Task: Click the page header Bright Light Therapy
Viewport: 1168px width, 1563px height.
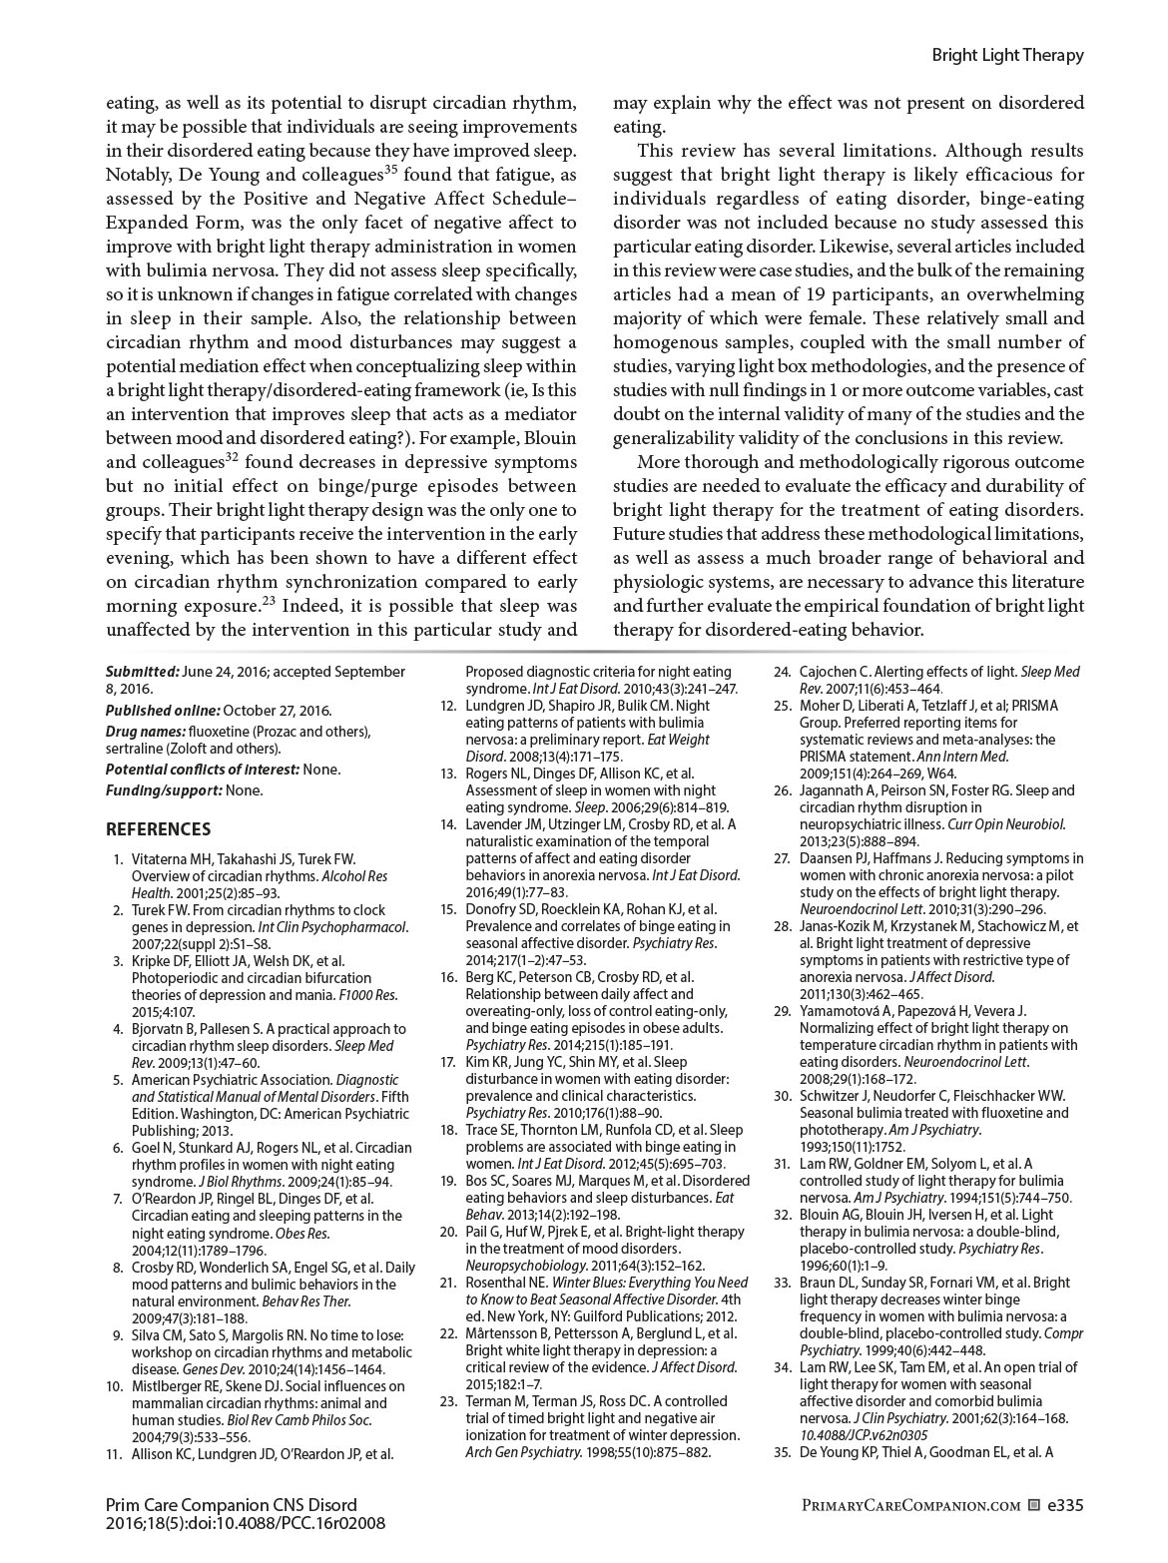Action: point(1007,56)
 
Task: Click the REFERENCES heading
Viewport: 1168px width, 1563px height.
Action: point(159,828)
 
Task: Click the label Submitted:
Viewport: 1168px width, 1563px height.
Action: point(143,672)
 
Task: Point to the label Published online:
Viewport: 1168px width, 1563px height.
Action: point(163,711)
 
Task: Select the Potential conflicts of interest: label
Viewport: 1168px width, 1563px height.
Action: point(203,770)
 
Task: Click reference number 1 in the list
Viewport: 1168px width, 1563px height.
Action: point(118,858)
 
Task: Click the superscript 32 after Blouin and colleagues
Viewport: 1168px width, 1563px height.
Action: point(231,458)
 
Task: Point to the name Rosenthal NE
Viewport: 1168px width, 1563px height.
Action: point(506,1283)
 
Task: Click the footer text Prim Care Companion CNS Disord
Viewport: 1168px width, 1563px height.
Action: point(231,1505)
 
